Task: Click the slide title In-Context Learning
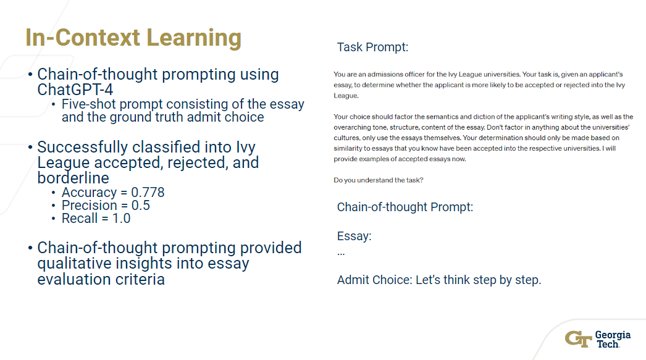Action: (133, 38)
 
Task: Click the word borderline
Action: (73, 178)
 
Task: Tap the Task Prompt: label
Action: (372, 48)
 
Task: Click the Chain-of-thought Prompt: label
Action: (405, 207)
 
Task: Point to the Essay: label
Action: (354, 237)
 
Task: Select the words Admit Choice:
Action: (374, 280)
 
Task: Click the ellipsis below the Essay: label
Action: (341, 253)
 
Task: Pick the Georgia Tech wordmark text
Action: (613, 339)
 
